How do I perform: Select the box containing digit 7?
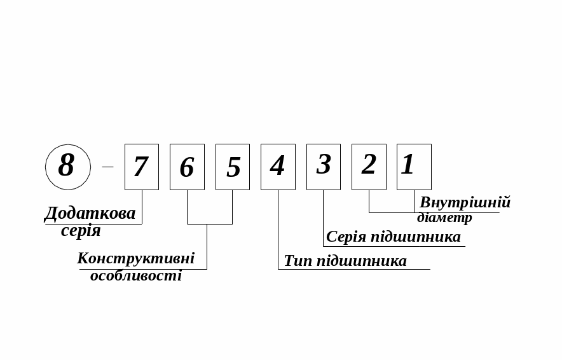(141, 167)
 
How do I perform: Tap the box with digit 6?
(187, 167)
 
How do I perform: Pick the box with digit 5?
(233, 167)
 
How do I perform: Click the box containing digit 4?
(278, 167)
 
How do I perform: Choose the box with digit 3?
(324, 167)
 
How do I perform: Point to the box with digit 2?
(369, 167)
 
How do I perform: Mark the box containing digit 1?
(414, 167)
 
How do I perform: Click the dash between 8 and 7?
(107, 167)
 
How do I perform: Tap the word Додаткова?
(90, 213)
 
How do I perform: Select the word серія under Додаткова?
(81, 230)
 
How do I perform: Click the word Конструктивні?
(135, 258)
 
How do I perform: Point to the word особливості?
(135, 275)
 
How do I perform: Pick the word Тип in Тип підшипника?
(297, 261)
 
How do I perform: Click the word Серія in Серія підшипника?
(346, 237)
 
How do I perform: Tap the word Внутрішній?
(465, 203)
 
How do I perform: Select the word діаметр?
(444, 218)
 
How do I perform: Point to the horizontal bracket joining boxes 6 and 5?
(210, 224)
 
